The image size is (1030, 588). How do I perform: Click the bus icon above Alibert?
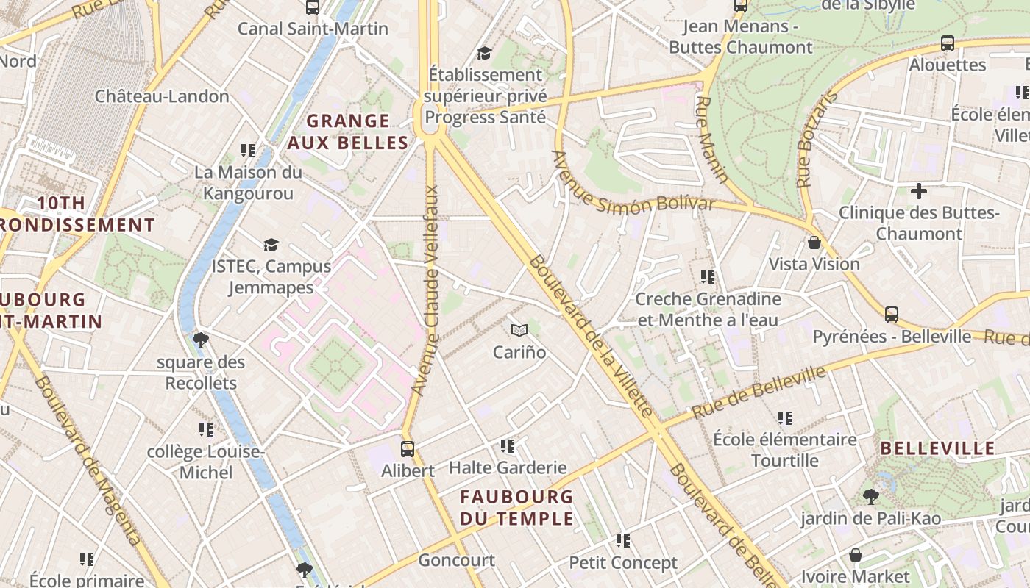point(407,448)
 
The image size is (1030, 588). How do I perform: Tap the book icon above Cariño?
point(519,331)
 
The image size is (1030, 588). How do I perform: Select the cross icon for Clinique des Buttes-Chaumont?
point(919,191)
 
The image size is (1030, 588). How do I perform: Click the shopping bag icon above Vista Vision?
point(814,243)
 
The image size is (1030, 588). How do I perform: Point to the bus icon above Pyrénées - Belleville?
point(892,315)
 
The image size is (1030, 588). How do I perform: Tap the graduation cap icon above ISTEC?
point(271,245)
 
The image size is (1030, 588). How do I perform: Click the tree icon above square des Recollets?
point(200,340)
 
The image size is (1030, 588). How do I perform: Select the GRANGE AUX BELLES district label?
point(347,132)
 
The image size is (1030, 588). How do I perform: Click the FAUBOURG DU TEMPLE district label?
point(516,507)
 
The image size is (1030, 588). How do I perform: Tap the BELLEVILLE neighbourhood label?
point(937,448)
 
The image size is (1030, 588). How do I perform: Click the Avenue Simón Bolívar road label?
point(633,184)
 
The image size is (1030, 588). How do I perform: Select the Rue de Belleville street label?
point(759,392)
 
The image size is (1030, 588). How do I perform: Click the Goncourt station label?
point(456,560)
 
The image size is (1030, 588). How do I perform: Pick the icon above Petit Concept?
point(623,541)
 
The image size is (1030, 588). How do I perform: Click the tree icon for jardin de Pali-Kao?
point(871,497)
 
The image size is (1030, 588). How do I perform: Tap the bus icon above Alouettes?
point(948,43)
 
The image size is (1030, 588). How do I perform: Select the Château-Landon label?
point(162,96)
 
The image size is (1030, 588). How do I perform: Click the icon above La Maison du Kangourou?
point(248,151)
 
